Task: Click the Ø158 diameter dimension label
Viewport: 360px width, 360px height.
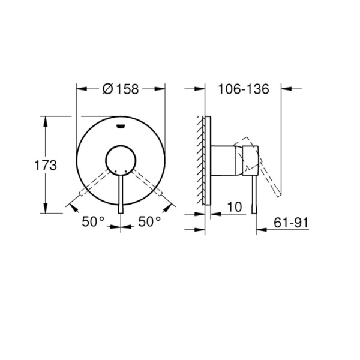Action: [120, 89]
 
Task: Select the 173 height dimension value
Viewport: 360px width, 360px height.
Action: [46, 164]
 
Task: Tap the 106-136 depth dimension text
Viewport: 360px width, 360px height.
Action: [243, 89]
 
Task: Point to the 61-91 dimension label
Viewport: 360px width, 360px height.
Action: [290, 223]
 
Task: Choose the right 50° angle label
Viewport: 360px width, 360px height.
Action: [149, 221]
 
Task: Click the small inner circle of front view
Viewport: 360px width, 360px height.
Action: [121, 160]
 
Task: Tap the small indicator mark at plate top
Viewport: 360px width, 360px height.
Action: [121, 126]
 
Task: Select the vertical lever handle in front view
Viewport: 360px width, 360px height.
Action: [121, 192]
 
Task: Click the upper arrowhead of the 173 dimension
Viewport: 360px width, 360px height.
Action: [46, 120]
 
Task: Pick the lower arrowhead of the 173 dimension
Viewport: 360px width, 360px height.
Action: [46, 209]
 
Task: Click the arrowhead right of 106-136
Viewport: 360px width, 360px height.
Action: [287, 89]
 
